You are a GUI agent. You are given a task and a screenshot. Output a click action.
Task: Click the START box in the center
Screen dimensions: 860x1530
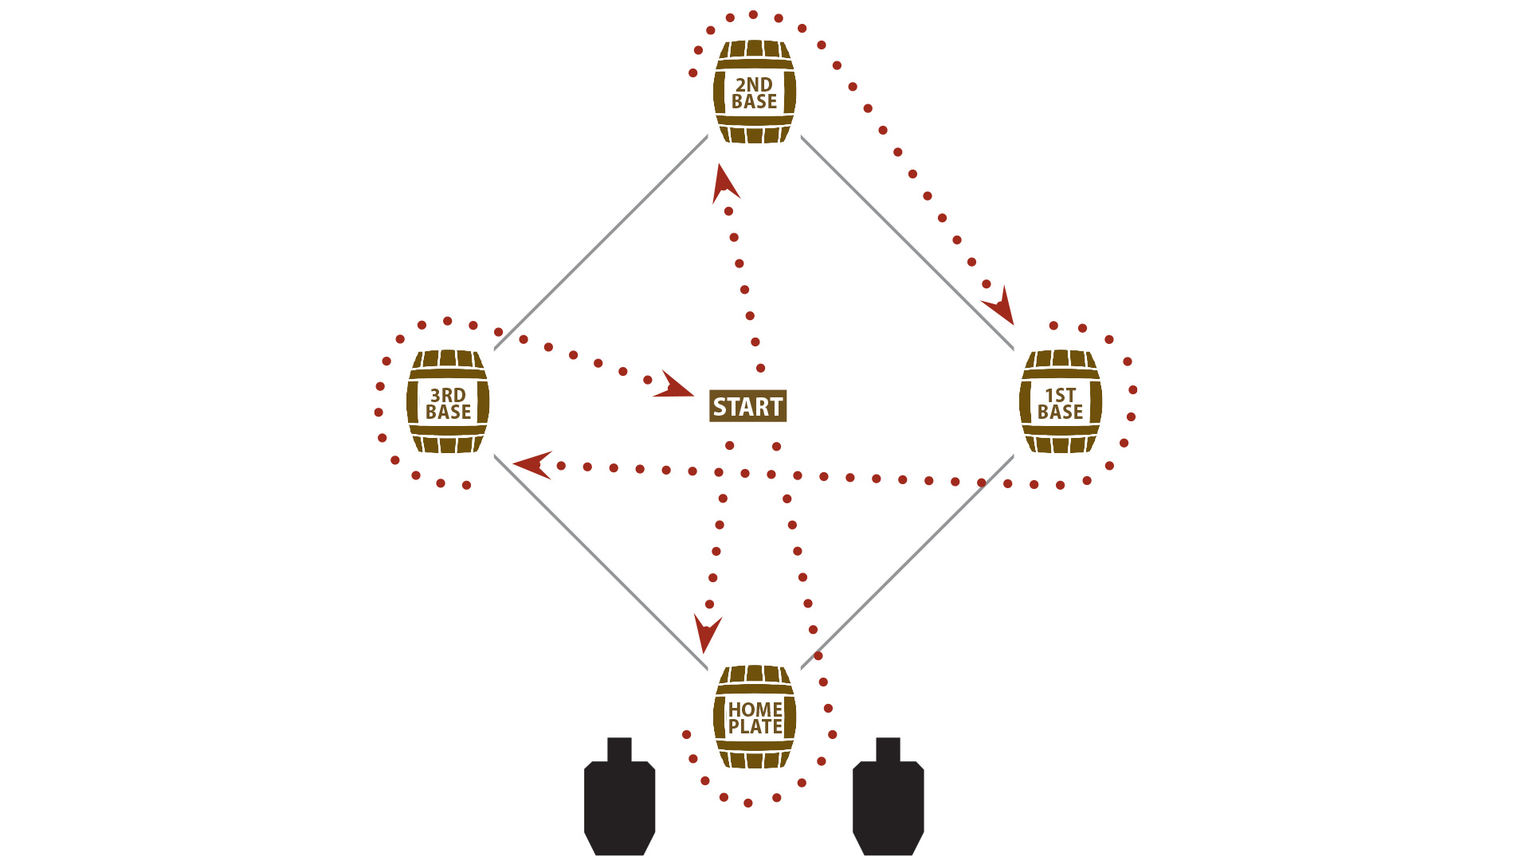(x=747, y=406)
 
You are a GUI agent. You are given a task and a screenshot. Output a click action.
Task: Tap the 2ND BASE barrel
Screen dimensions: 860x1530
(x=754, y=92)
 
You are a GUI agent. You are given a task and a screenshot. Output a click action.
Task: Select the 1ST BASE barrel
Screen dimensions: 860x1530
(x=1060, y=402)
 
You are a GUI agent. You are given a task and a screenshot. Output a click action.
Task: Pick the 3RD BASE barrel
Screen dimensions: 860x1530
(x=448, y=402)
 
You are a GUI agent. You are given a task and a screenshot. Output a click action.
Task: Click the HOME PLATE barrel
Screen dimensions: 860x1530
(x=754, y=717)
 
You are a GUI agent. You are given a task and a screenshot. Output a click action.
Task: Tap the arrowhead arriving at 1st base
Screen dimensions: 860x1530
(x=1001, y=307)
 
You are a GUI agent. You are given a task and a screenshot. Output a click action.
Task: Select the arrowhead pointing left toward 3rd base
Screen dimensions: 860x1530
(x=532, y=464)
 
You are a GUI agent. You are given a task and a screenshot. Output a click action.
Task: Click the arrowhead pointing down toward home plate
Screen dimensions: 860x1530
(x=706, y=633)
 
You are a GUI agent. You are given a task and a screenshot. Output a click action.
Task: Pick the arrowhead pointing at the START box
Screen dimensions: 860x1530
(x=673, y=386)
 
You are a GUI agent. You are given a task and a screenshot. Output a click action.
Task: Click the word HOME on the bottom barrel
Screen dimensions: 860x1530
(x=755, y=709)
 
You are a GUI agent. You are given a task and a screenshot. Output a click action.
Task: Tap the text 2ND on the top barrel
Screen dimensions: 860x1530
(x=754, y=84)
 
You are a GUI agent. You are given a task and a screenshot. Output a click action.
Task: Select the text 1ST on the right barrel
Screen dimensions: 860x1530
(x=1060, y=395)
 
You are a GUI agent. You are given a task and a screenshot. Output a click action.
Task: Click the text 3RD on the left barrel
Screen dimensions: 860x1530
(x=448, y=395)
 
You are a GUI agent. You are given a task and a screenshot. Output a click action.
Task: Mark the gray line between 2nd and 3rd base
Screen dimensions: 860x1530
(x=601, y=243)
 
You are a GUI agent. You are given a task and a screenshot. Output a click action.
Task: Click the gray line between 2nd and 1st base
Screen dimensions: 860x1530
(x=907, y=243)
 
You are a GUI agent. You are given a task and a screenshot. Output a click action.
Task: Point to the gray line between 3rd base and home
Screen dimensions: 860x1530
(x=601, y=562)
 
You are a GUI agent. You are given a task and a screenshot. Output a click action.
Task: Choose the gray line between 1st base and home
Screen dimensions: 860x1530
(x=907, y=562)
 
